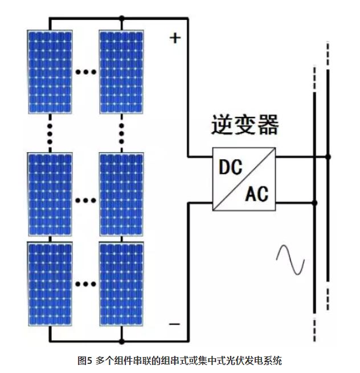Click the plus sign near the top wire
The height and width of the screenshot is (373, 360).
pyautogui.click(x=175, y=38)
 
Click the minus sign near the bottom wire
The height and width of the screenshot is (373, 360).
pyautogui.click(x=174, y=324)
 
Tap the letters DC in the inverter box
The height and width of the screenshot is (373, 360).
pyautogui.click(x=231, y=167)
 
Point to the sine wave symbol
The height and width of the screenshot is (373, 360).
pyautogui.click(x=291, y=260)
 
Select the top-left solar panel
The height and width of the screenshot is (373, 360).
pyautogui.click(x=50, y=71)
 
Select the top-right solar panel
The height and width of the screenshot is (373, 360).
pyautogui.click(x=121, y=71)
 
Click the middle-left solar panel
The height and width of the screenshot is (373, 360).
pyautogui.click(x=50, y=194)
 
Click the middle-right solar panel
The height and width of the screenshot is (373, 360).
pyautogui.click(x=121, y=194)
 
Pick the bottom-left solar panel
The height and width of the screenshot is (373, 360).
pyautogui.click(x=50, y=283)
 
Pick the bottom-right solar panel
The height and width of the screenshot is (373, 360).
pyautogui.click(x=121, y=283)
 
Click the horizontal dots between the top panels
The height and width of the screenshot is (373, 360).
pyautogui.click(x=85, y=73)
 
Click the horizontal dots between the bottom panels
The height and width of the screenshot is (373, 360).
pyautogui.click(x=85, y=283)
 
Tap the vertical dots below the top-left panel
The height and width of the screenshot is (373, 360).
pyautogui.click(x=50, y=132)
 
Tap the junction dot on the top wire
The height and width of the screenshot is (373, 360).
pyautogui.click(x=121, y=19)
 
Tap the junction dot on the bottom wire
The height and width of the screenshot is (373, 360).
pyautogui.click(x=121, y=342)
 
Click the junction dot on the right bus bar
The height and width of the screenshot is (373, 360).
pyautogui.click(x=328, y=156)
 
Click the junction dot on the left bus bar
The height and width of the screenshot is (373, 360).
pyautogui.click(x=314, y=202)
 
